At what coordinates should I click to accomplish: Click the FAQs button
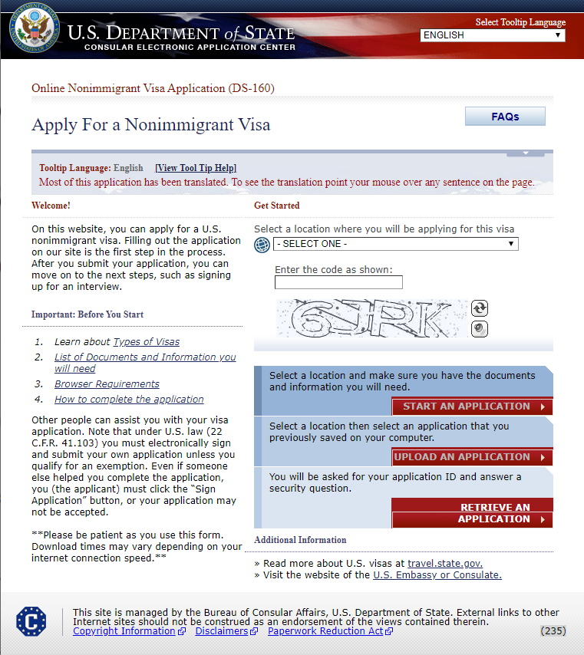coord(505,117)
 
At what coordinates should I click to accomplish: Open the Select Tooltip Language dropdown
coord(492,35)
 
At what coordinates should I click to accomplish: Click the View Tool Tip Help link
coord(196,168)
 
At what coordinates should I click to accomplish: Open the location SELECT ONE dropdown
coord(395,244)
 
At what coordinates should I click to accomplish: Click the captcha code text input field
coord(338,282)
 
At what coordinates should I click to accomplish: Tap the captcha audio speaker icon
coord(480,329)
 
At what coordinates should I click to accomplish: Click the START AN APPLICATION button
coord(472,406)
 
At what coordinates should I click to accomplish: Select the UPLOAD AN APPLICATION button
coord(472,457)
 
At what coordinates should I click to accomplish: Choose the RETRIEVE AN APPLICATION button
coord(472,513)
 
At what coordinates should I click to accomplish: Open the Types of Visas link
coord(146,342)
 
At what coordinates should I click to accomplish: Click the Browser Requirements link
coord(107,384)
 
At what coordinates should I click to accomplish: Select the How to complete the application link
coord(129,400)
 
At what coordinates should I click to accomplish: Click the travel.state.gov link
coord(445,563)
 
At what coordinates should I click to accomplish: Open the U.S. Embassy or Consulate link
coord(437,574)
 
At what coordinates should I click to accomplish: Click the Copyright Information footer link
coord(124,631)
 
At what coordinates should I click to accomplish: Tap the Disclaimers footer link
coord(222,631)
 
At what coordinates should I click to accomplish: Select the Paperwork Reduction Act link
coord(325,631)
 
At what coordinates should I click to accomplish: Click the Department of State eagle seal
coord(33,28)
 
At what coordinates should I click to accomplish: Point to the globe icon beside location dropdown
coord(262,245)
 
